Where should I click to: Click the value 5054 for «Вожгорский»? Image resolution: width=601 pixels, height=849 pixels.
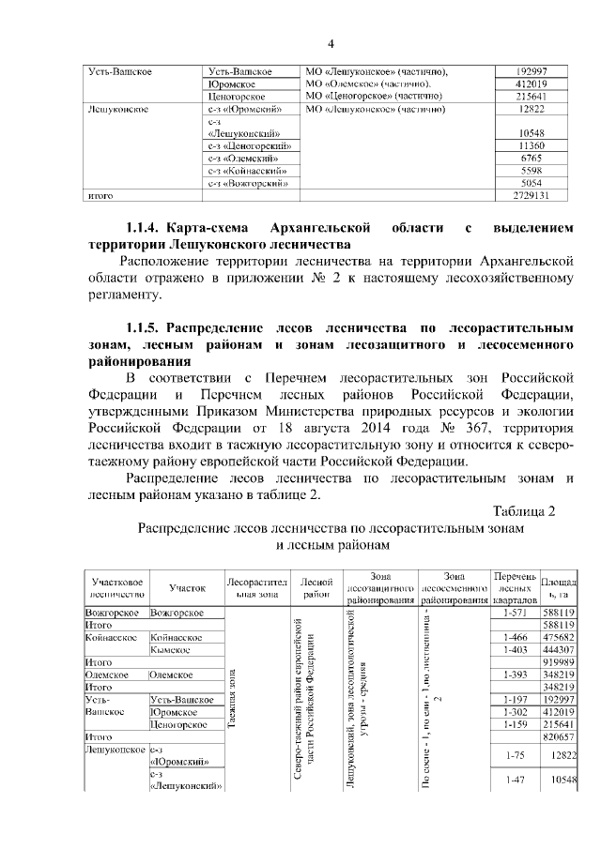coord(532,183)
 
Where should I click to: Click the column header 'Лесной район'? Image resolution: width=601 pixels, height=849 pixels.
coord(315,588)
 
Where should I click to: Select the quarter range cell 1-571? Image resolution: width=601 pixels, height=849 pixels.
coord(513,613)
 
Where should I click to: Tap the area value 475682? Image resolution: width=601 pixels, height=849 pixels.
coord(558,637)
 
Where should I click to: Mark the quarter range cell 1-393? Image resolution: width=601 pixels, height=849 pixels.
coord(513,675)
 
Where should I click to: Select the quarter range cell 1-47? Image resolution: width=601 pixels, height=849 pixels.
coord(513,781)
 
